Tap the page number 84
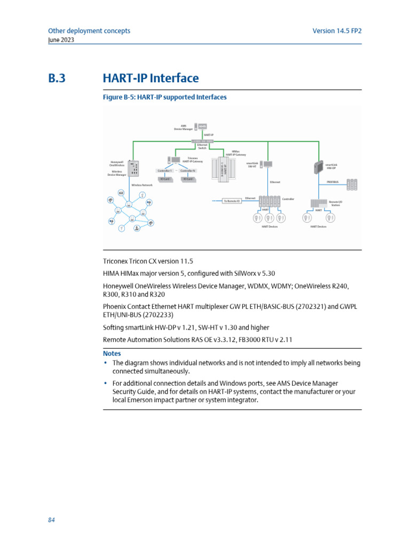[x=52, y=520]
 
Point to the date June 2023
[x=61, y=40]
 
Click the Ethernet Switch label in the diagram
[x=202, y=146]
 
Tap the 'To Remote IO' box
[x=232, y=201]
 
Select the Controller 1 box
[x=164, y=170]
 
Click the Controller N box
[x=188, y=170]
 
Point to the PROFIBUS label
[x=333, y=182]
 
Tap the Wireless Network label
[x=142, y=185]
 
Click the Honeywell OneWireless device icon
[x=134, y=169]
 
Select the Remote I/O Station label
[x=335, y=203]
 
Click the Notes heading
[x=112, y=354]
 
